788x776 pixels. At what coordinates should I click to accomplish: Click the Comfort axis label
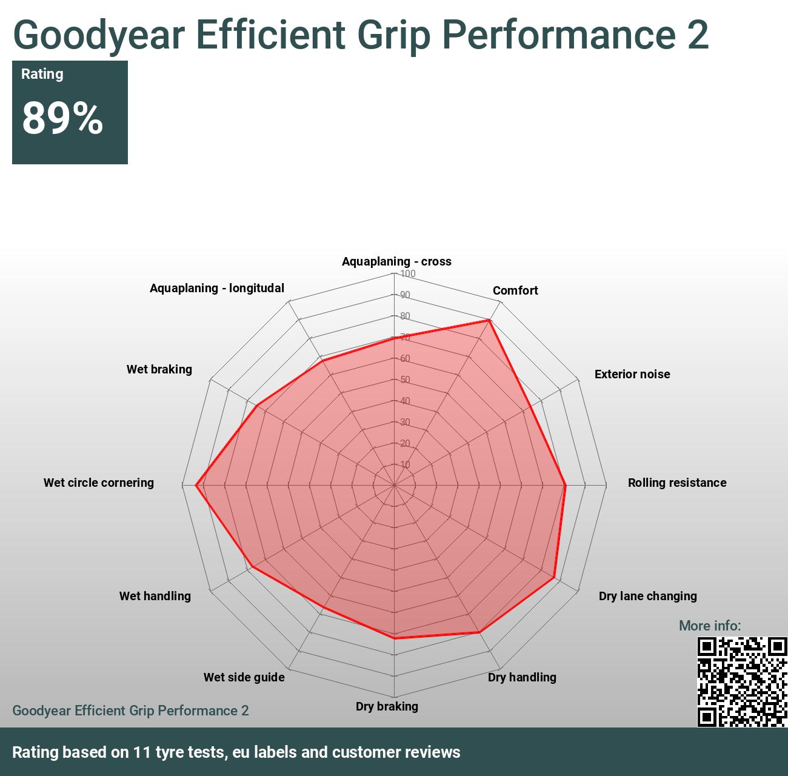tap(515, 290)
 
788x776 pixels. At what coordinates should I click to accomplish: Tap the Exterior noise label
tap(632, 374)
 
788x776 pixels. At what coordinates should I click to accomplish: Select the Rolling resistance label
tap(677, 483)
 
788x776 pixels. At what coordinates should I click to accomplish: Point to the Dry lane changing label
tap(647, 596)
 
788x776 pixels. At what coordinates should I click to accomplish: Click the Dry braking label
tap(387, 706)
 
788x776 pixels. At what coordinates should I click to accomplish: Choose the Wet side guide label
tap(244, 677)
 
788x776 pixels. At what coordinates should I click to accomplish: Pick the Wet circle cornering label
tap(99, 483)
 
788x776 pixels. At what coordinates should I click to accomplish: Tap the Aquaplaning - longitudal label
tap(217, 288)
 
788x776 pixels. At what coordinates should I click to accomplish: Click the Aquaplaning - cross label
tap(396, 261)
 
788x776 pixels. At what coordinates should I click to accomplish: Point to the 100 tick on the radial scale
tap(408, 273)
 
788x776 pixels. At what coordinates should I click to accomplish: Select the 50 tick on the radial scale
tap(406, 380)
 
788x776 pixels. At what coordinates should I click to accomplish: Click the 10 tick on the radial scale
tap(406, 465)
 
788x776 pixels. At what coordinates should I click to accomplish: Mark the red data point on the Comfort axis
tap(489, 320)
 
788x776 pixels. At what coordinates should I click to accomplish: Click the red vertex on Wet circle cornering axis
tap(196, 485)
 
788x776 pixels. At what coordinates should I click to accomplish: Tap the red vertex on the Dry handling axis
tap(479, 632)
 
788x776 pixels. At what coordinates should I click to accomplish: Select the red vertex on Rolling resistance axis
tap(565, 485)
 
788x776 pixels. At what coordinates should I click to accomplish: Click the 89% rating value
tap(62, 118)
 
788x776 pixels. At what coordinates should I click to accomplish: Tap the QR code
tap(742, 681)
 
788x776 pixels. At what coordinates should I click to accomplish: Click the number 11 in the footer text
tap(142, 752)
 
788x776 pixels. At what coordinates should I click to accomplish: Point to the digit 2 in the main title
tap(698, 35)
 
